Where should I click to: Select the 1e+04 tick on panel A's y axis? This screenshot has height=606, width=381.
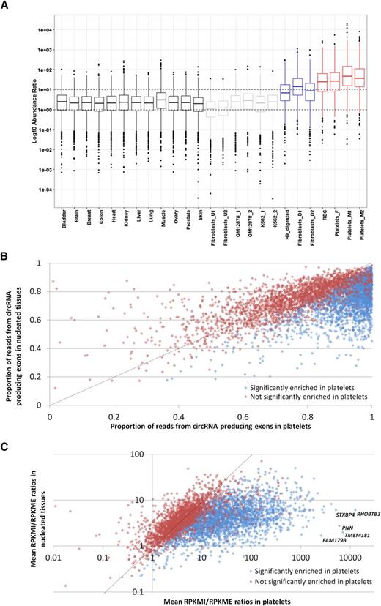tap(37, 30)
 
